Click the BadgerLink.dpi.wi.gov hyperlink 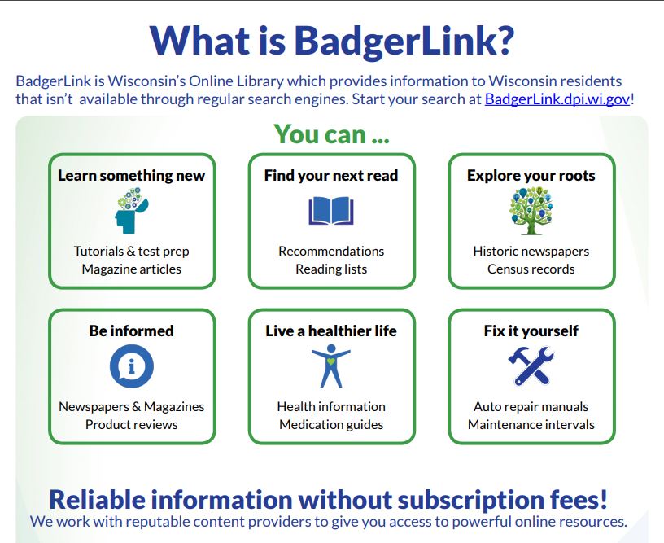[x=557, y=99]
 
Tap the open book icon [x=331, y=211]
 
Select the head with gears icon [x=131, y=211]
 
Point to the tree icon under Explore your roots [x=531, y=211]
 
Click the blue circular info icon [x=131, y=366]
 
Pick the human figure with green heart [x=331, y=366]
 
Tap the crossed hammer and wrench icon [x=531, y=366]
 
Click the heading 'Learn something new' [x=131, y=175]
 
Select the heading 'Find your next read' [x=331, y=175]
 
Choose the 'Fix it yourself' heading [x=531, y=331]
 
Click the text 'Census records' [x=531, y=269]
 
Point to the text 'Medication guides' [x=331, y=424]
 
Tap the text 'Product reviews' [x=131, y=424]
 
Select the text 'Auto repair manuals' [x=531, y=406]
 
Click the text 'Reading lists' [x=331, y=269]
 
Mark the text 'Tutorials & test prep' [x=131, y=252]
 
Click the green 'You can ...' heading [x=331, y=134]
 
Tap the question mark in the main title [x=503, y=41]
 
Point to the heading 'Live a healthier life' [x=331, y=331]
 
